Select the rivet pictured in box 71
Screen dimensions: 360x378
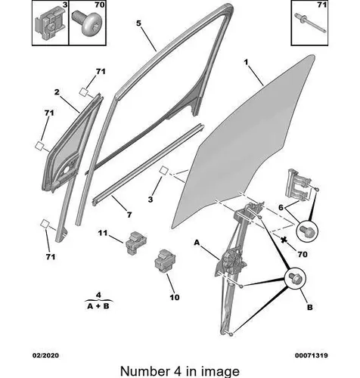310,23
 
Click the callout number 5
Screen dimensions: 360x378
138,23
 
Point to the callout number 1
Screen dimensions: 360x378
246,62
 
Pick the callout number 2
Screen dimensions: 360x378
57,92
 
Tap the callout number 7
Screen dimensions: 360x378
129,215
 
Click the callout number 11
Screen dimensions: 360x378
103,233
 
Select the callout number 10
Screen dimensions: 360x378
175,297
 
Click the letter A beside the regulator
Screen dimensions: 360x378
197,243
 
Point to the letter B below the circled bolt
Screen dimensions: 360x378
310,307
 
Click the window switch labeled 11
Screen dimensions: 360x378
135,243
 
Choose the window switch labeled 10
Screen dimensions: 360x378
165,261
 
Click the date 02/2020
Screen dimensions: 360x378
45,355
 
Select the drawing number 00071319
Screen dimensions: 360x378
312,355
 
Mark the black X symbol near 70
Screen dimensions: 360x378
284,240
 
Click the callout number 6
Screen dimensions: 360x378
281,207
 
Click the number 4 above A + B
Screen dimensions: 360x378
98,295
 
